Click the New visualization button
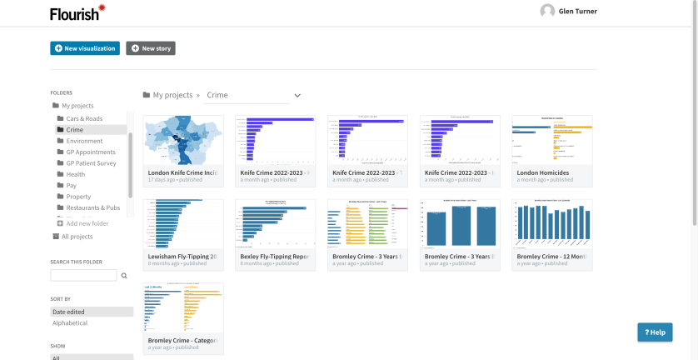(x=85, y=48)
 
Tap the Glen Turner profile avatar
(x=547, y=11)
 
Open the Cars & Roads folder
(x=84, y=118)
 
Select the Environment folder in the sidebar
(x=84, y=141)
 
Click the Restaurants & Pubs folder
(x=92, y=207)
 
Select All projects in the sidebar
(x=77, y=237)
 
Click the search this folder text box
(x=83, y=275)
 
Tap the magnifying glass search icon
(x=124, y=275)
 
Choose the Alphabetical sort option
(x=70, y=323)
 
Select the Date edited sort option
(x=68, y=312)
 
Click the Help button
(x=655, y=332)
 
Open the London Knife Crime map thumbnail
(x=183, y=140)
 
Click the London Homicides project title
(x=543, y=172)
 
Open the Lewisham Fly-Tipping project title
(x=182, y=256)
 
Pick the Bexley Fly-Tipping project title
(x=274, y=256)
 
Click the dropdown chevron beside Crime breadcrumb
(x=297, y=96)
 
